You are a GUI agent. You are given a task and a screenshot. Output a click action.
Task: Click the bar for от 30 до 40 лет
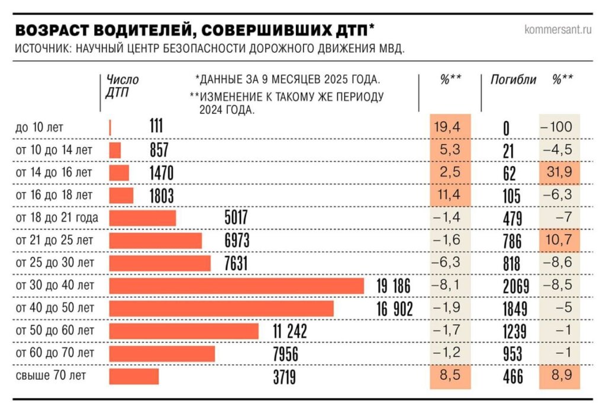point(237,286)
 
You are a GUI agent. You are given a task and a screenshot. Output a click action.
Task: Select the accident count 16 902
point(394,309)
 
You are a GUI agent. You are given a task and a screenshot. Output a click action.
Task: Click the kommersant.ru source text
point(557,30)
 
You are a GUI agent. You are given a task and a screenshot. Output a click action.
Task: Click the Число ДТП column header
point(122,86)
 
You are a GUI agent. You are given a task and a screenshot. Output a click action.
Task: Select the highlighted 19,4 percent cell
point(449,127)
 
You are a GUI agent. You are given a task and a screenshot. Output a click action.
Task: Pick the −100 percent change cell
point(559,127)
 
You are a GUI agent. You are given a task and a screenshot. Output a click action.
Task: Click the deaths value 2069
point(508,287)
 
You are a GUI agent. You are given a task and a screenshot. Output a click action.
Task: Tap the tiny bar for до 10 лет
point(111,127)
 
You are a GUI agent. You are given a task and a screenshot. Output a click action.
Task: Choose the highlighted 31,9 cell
point(559,173)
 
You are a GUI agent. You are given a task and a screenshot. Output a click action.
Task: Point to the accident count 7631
point(236,264)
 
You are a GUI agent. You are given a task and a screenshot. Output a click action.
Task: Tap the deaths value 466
point(508,377)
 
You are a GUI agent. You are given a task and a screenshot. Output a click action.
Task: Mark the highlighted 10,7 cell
point(559,241)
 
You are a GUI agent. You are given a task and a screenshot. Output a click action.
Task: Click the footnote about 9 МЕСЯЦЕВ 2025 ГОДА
point(287,79)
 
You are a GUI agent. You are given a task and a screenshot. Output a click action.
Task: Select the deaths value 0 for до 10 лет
point(507,128)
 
